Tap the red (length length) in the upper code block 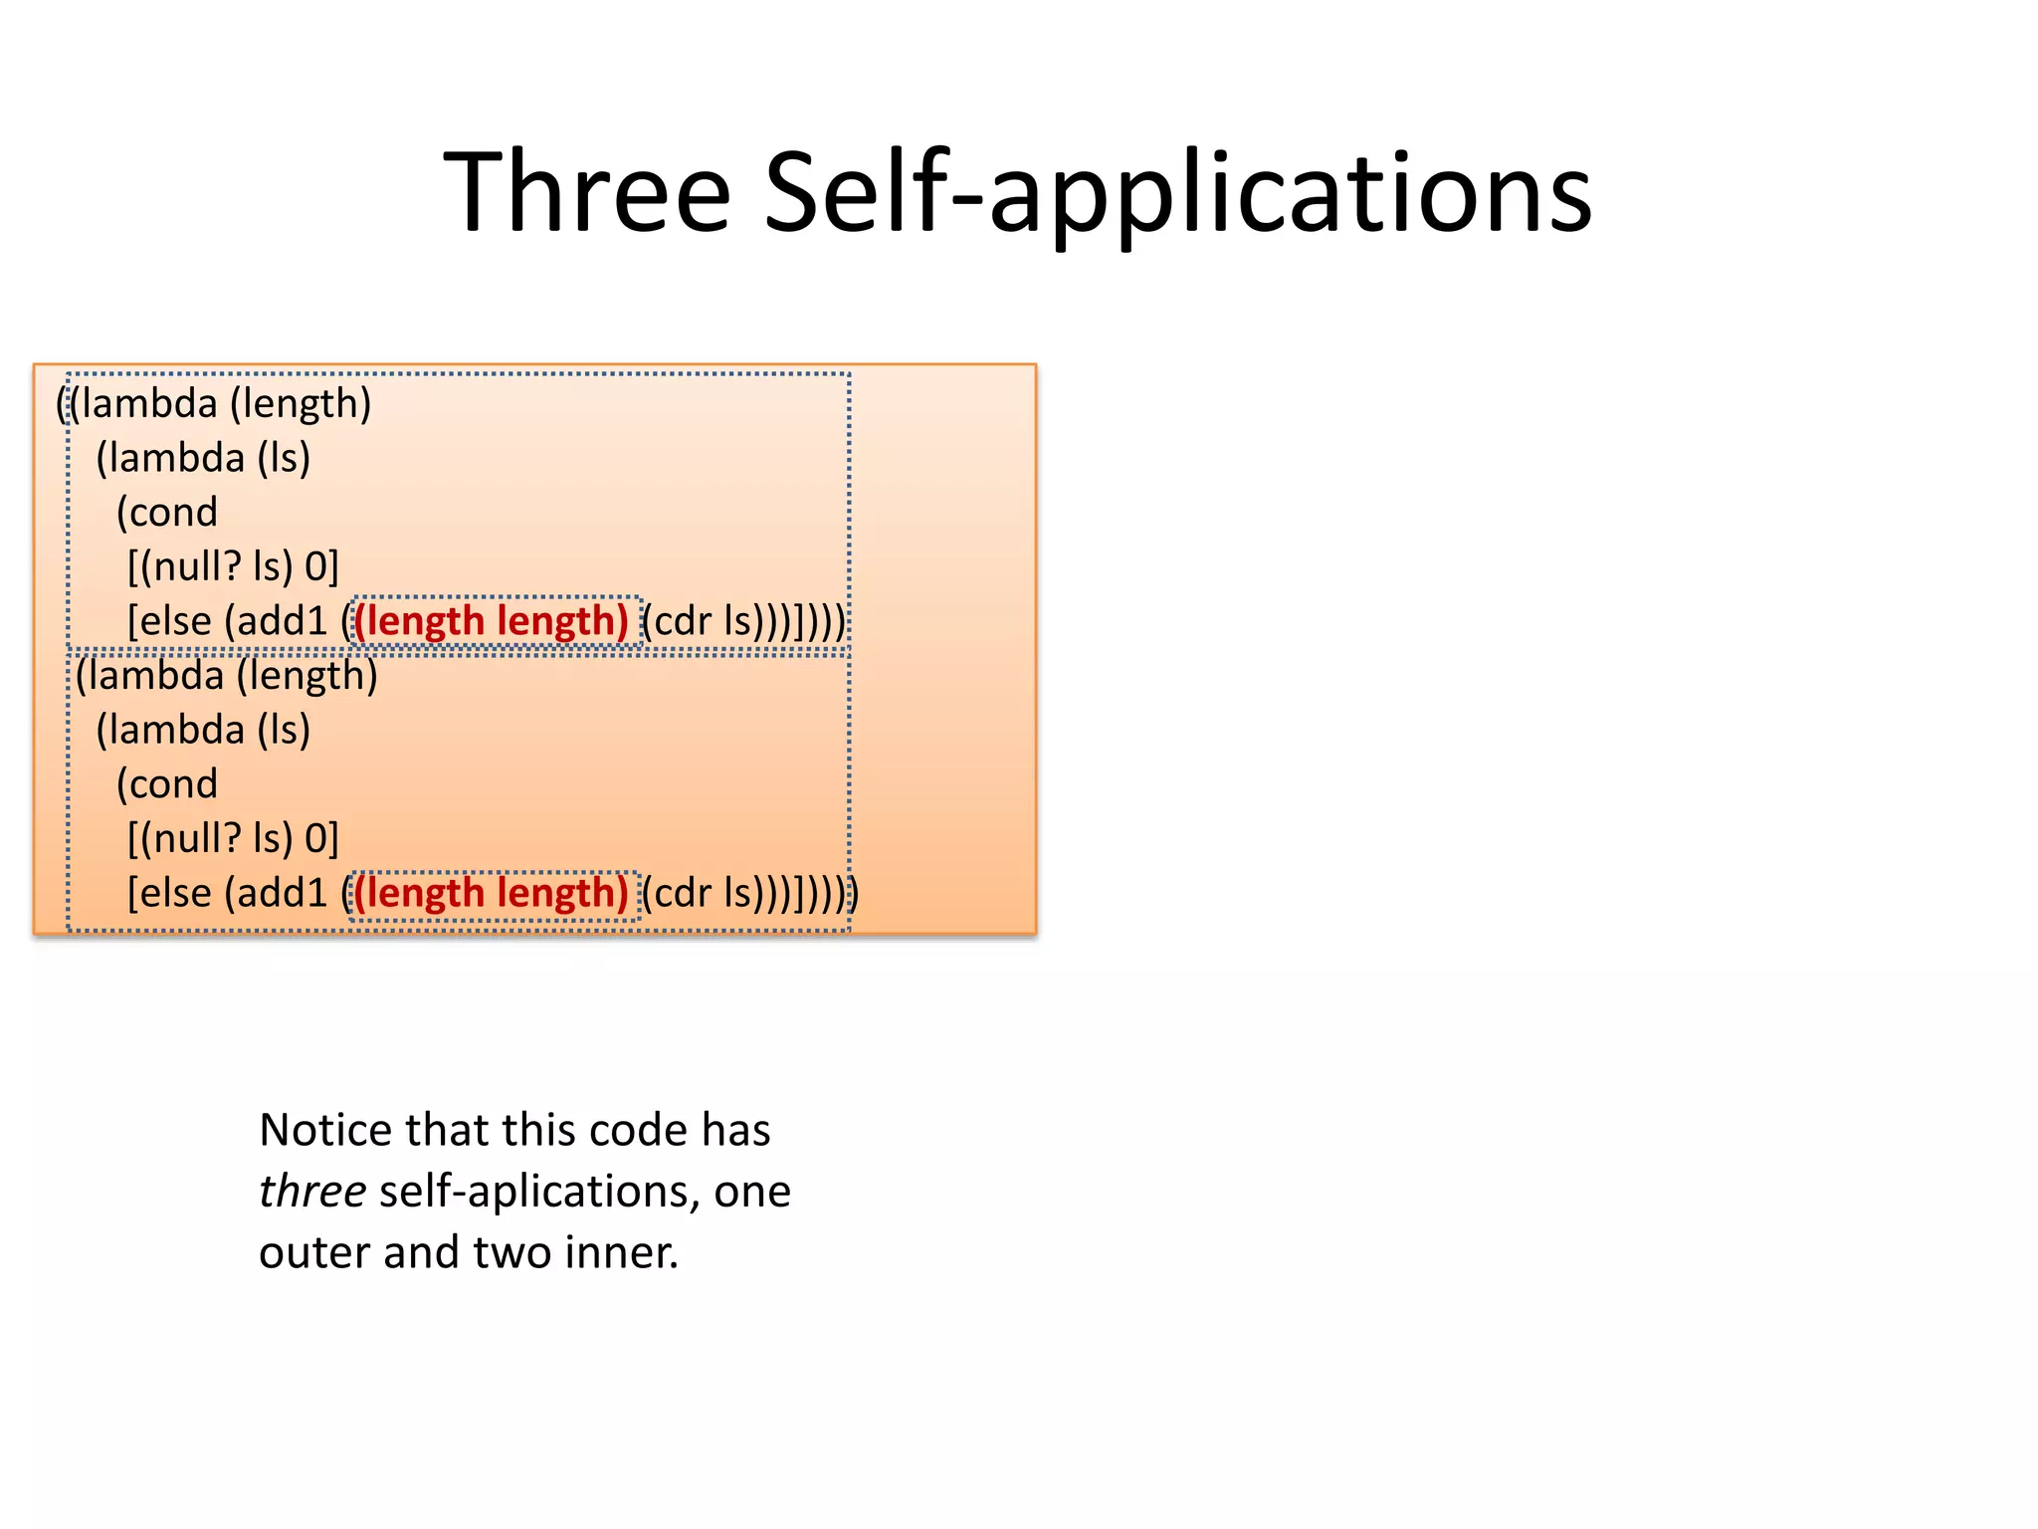tap(493, 621)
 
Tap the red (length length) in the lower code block tap(493, 893)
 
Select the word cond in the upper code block tap(173, 513)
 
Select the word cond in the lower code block tap(173, 784)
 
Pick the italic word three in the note tap(311, 1192)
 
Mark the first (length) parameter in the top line tap(301, 404)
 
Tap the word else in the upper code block tap(176, 621)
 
